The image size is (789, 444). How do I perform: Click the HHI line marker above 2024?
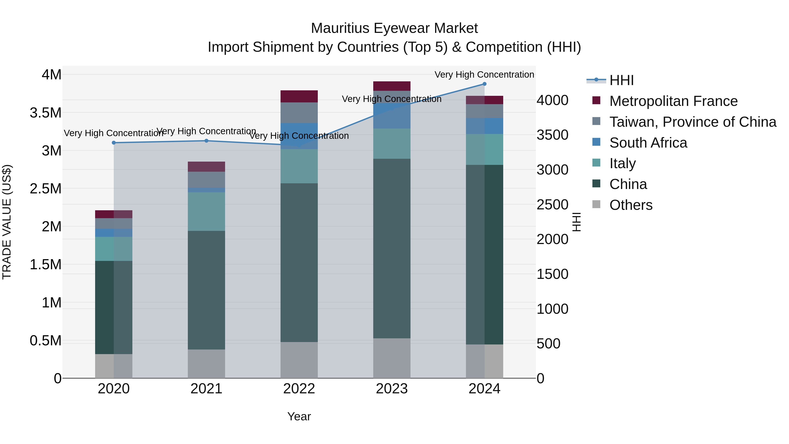(484, 84)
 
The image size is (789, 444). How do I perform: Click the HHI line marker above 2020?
(114, 143)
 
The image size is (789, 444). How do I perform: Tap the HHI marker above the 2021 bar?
(206, 141)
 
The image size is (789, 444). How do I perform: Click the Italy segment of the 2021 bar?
(206, 211)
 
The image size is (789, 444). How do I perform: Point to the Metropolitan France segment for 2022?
(299, 96)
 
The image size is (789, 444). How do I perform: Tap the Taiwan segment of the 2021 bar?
(206, 180)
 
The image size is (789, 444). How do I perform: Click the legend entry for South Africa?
(648, 143)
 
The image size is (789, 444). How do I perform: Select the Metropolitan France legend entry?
(673, 101)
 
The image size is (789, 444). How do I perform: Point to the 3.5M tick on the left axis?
(46, 113)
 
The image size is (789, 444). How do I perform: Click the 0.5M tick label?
(46, 341)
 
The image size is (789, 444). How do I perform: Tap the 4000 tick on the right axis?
(552, 100)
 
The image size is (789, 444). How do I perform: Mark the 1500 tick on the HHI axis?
(552, 274)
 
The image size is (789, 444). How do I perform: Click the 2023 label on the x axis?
(391, 389)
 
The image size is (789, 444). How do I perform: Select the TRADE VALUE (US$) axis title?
(7, 222)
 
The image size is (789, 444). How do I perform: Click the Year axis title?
(299, 416)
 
